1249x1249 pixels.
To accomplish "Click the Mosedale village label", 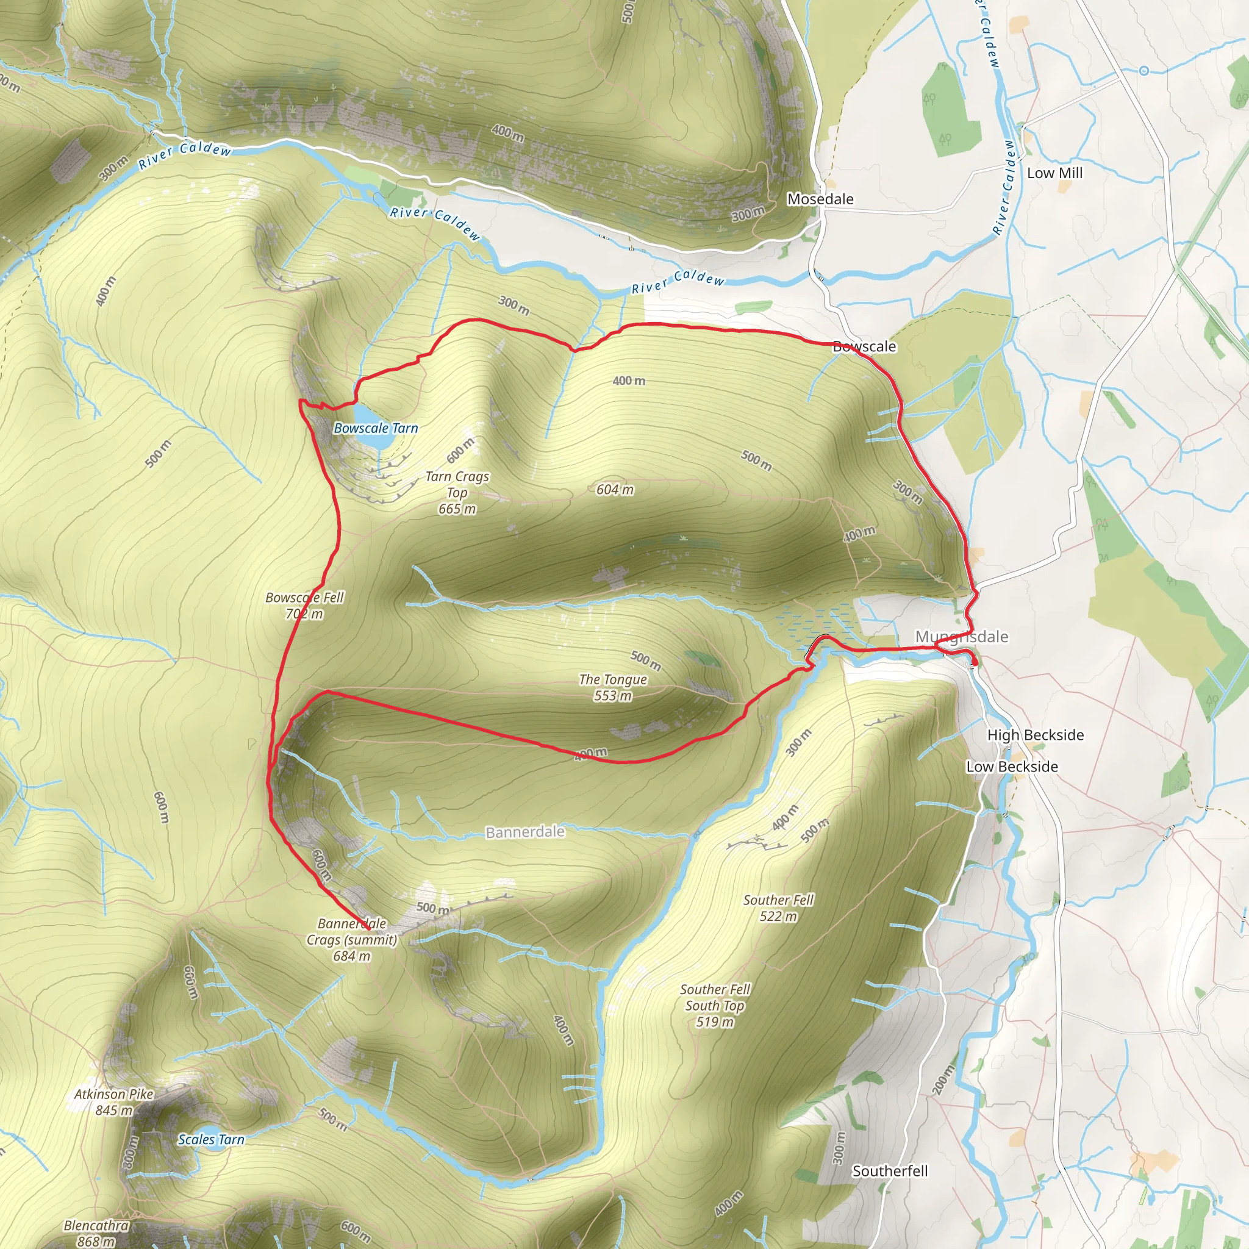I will [820, 199].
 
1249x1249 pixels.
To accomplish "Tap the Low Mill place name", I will [1054, 173].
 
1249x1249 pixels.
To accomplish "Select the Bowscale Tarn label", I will [376, 428].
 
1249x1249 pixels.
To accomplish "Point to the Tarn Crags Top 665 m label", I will [457, 493].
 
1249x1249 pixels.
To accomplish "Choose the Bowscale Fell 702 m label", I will [304, 605].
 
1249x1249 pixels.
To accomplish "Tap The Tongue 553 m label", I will [613, 687].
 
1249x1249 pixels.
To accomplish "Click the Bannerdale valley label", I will [525, 832].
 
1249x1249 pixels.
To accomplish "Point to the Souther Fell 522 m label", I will [778, 907].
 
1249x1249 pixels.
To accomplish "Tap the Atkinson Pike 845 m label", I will [114, 1101].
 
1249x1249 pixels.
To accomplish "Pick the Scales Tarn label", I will [212, 1140].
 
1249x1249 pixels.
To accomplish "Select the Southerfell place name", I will [890, 1171].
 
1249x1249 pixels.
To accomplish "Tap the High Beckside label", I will [1035, 735].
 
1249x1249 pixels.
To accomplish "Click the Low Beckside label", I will [1012, 767].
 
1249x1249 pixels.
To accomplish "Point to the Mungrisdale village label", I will [961, 637].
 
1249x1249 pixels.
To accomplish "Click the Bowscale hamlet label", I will [864, 346].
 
